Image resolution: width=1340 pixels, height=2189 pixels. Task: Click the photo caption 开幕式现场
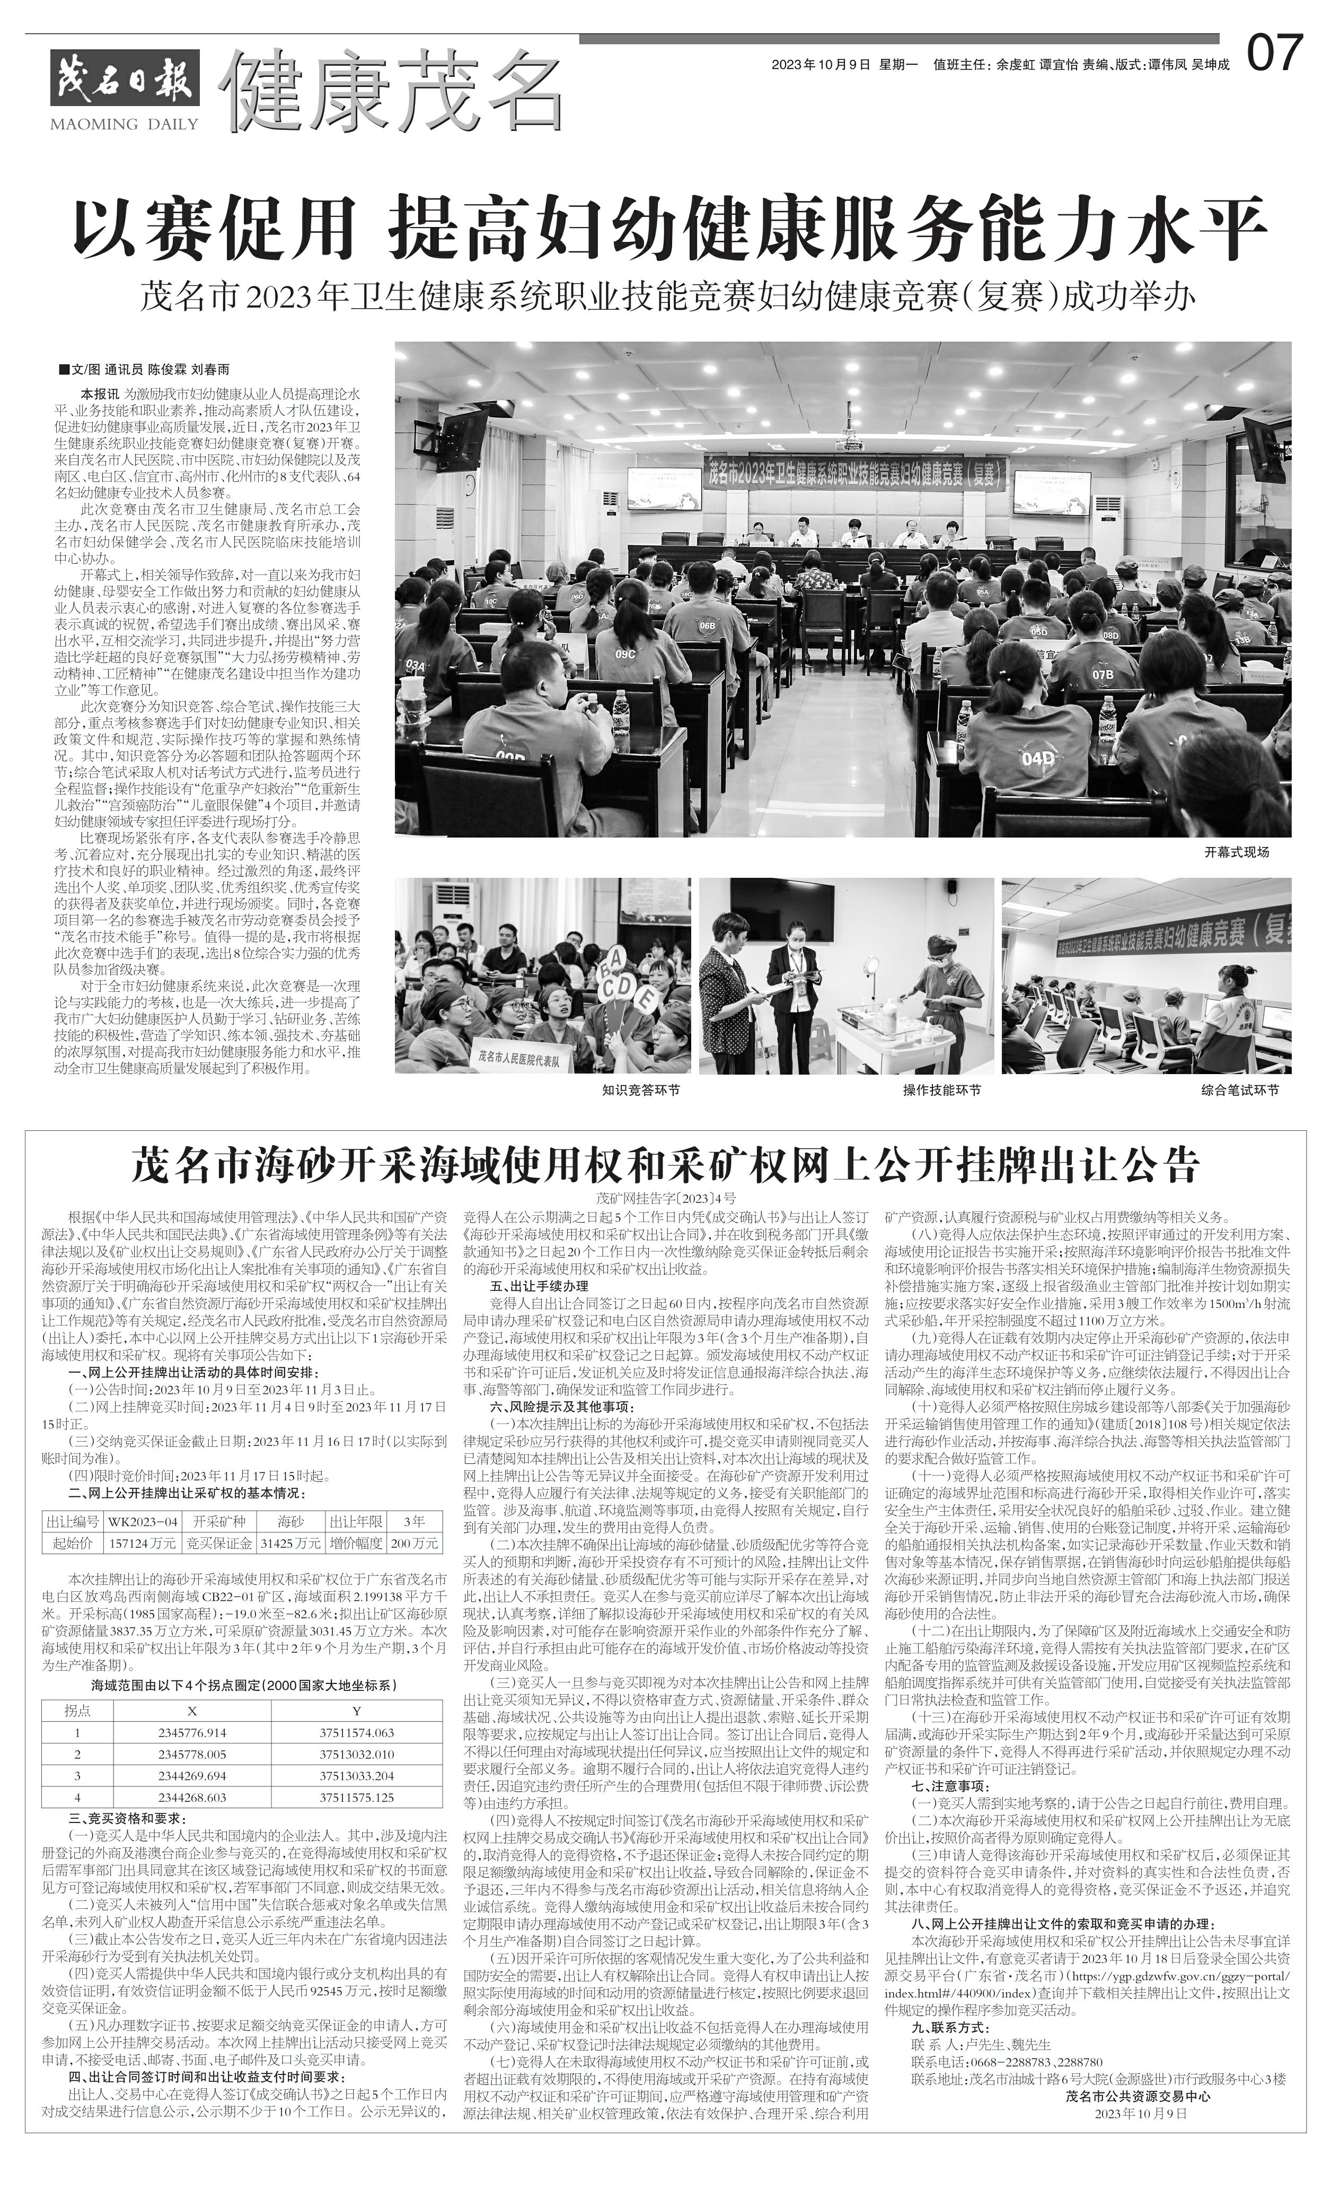coord(1237,852)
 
